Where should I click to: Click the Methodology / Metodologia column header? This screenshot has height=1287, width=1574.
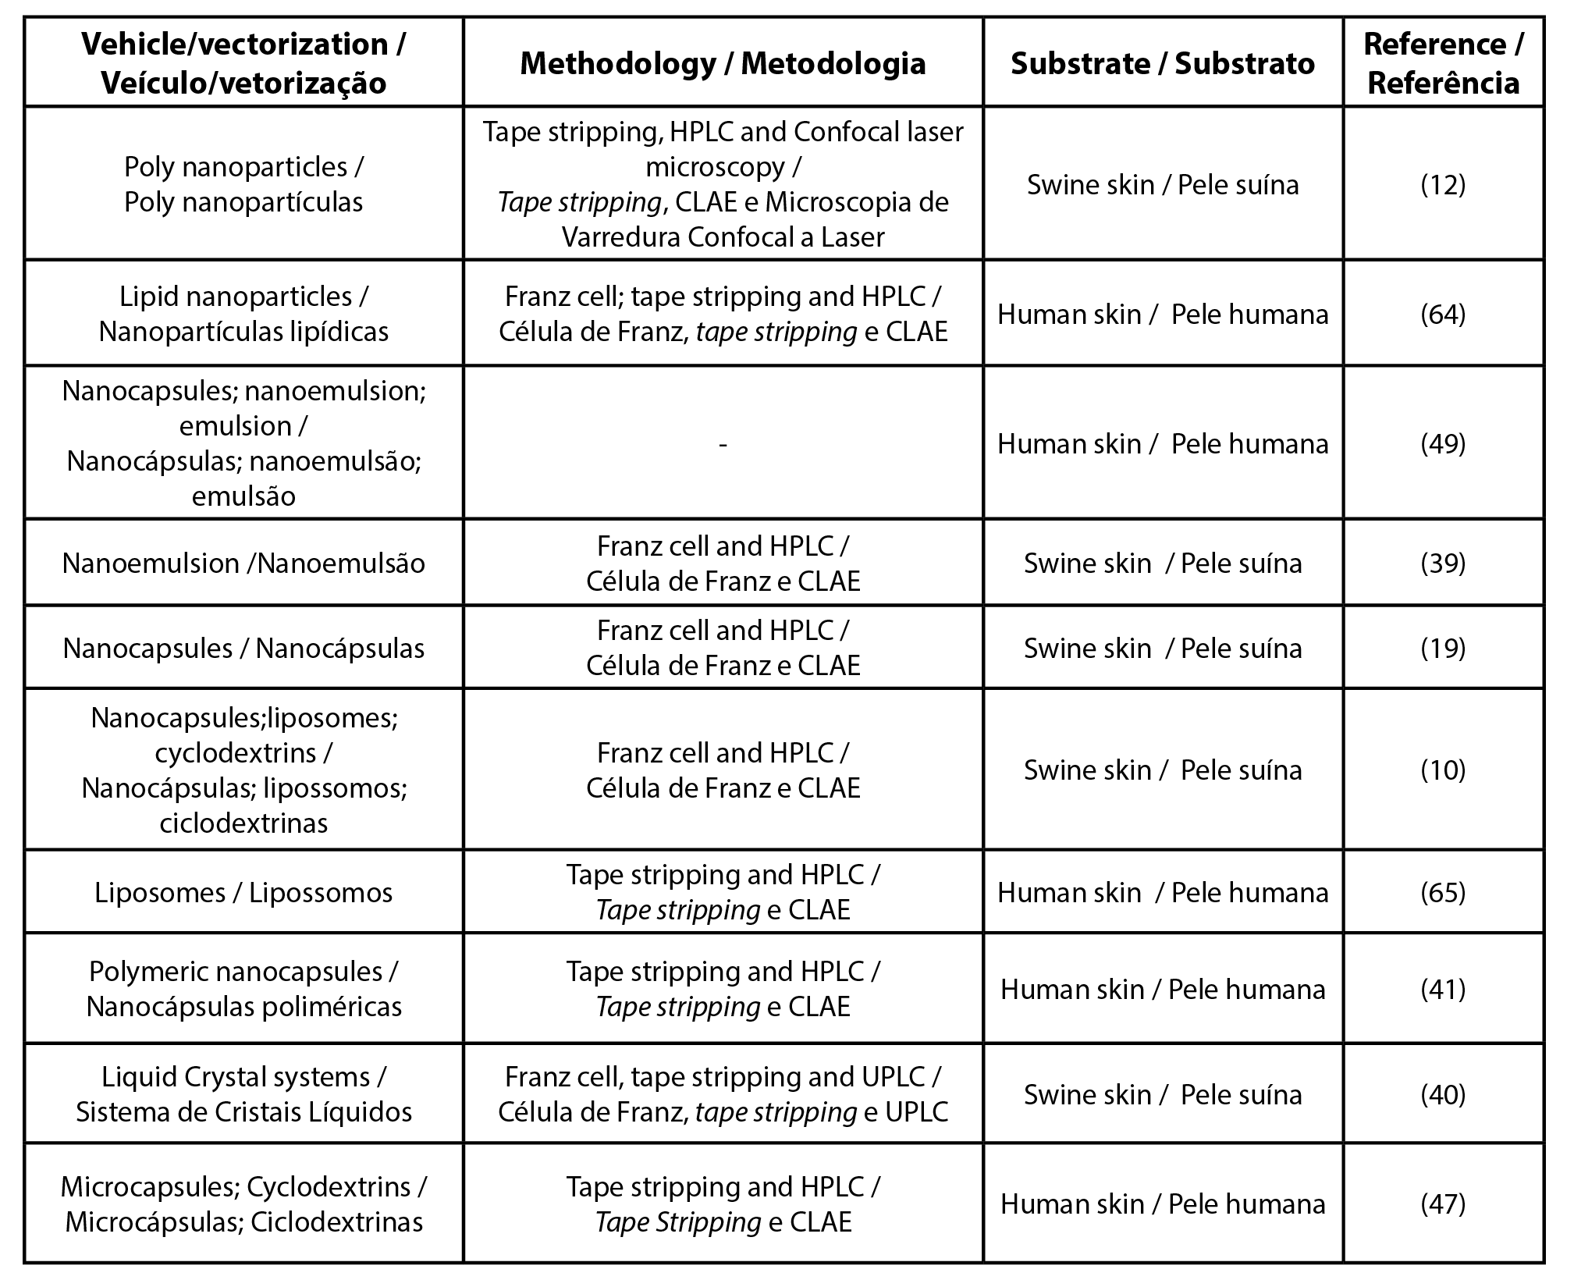tap(723, 63)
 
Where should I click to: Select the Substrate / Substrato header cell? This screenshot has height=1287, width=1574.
tap(1163, 63)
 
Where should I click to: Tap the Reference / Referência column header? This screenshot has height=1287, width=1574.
tap(1443, 63)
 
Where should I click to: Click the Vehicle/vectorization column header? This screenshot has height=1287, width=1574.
tap(243, 63)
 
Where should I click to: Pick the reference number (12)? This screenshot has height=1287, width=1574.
tap(1443, 185)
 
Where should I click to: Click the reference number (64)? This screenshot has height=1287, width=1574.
tap(1443, 314)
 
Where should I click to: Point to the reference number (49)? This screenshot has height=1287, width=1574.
tap(1443, 443)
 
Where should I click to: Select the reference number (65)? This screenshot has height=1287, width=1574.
tap(1443, 892)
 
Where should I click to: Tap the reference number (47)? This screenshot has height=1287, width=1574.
tap(1443, 1203)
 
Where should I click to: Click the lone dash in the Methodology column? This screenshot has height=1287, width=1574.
tap(723, 444)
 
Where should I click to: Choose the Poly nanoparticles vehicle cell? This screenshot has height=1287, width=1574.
tap(243, 184)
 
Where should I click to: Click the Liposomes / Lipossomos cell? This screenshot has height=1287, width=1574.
tap(243, 892)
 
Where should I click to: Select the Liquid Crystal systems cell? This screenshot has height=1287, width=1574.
tap(243, 1094)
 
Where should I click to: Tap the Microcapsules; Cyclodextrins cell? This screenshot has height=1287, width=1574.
tap(243, 1203)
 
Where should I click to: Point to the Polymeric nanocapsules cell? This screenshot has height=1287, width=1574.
tap(243, 989)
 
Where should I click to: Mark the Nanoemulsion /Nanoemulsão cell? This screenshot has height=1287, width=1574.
tap(243, 563)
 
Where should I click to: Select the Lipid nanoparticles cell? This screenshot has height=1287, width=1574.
tap(243, 314)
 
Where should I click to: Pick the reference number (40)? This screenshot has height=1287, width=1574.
tap(1443, 1094)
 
